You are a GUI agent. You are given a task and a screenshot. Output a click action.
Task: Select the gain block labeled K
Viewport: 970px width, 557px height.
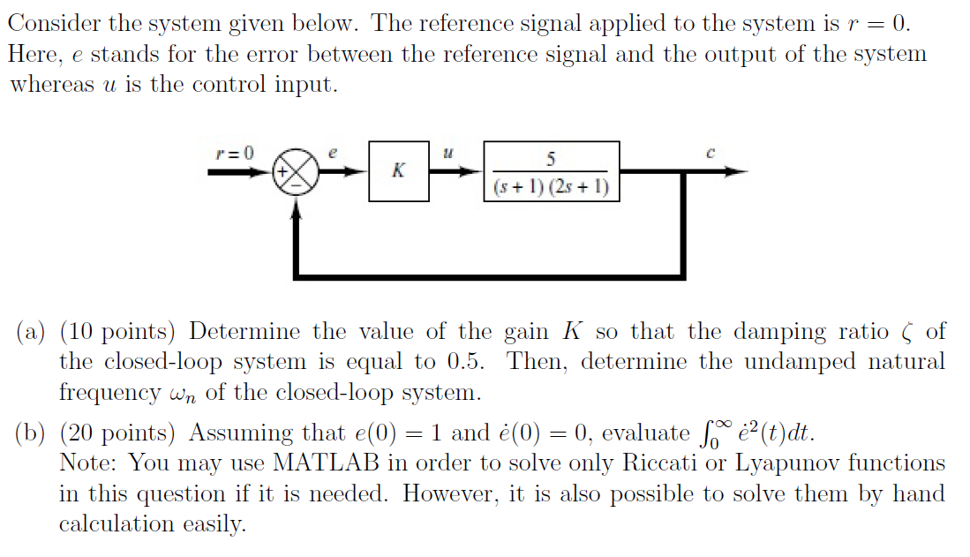(x=398, y=171)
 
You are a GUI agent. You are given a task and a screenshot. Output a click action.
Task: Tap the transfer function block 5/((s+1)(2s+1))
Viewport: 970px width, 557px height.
(x=551, y=172)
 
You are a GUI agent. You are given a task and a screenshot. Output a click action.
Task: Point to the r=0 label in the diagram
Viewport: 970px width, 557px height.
(x=234, y=153)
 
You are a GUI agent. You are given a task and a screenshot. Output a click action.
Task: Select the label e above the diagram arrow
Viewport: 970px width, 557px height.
(x=332, y=153)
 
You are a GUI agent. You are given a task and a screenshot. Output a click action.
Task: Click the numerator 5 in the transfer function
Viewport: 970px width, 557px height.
(x=551, y=159)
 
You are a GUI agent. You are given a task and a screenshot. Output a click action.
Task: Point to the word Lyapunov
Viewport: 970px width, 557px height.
(x=786, y=463)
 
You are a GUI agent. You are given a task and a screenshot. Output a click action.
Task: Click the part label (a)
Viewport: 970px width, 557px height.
(x=32, y=333)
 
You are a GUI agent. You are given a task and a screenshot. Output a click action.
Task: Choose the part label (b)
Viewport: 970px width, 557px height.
(x=33, y=433)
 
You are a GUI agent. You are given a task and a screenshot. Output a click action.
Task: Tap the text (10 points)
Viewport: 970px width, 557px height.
(x=118, y=333)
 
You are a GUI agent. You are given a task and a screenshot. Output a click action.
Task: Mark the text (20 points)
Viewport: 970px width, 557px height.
(x=118, y=433)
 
